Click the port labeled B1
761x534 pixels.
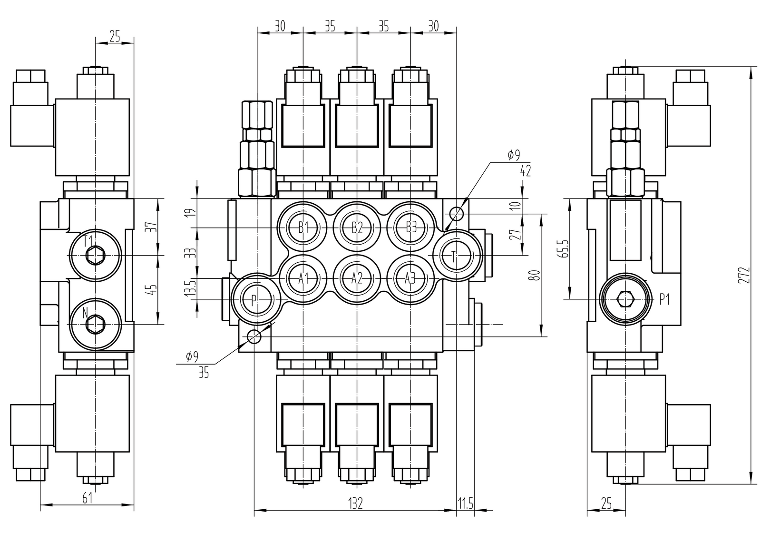[x=303, y=227]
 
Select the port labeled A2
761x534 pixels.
[x=357, y=278]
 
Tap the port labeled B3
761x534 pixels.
[x=410, y=227]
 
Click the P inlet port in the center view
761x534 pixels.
[x=254, y=299]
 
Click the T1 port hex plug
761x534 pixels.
[x=95, y=256]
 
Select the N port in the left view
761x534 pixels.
[x=95, y=324]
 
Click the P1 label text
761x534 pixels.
[x=664, y=299]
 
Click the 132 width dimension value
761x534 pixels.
[x=355, y=504]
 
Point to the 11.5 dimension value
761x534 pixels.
[x=465, y=504]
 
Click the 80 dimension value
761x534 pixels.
[x=536, y=275]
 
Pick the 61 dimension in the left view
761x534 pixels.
[x=88, y=498]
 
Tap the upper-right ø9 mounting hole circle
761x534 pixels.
[x=456, y=214]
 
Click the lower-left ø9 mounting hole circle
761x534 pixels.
[x=254, y=336]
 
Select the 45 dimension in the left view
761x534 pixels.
[x=153, y=290]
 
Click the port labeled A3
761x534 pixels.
[x=410, y=278]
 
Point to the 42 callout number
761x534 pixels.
[x=525, y=170]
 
